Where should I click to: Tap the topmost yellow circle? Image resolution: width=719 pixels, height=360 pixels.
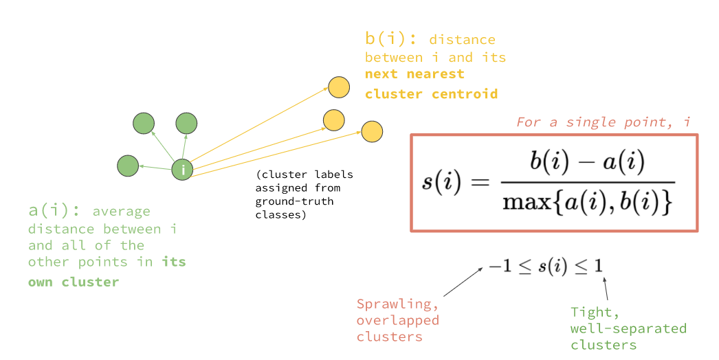338,87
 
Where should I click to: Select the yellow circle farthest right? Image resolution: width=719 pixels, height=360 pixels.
372,131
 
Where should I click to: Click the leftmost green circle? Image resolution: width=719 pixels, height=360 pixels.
128,166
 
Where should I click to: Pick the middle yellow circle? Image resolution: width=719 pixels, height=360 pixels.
333,120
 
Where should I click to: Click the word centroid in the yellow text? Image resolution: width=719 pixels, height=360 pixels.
465,93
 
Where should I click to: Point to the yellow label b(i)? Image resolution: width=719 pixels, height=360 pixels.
391,39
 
